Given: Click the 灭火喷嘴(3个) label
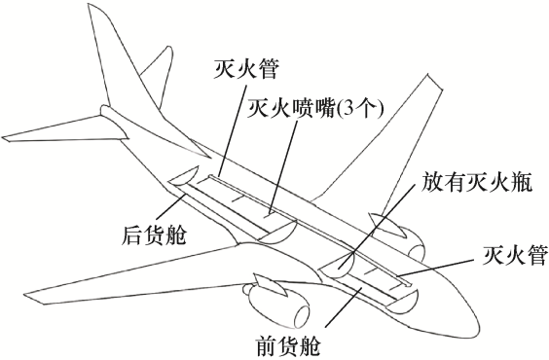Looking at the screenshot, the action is click(315, 108).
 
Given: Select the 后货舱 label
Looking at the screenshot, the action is click(154, 235).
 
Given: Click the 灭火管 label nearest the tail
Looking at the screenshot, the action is click(246, 68).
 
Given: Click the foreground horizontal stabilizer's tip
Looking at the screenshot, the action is click(3, 137).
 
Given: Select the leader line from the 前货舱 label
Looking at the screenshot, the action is click(345, 306).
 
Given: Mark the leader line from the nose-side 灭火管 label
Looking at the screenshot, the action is click(438, 268).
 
